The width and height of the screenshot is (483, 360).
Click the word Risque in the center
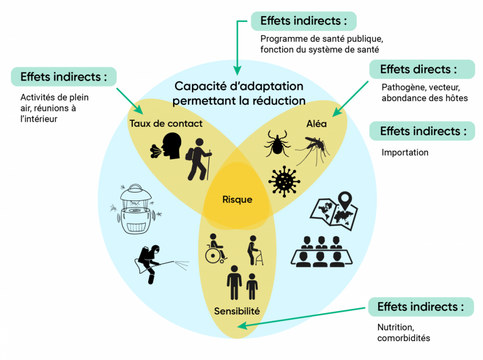click(237, 200)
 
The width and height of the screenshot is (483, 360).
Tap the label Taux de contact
click(166, 124)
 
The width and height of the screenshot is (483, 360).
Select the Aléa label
click(316, 124)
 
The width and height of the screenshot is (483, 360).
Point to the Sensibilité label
click(237, 311)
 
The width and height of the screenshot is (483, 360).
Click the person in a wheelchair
click(216, 249)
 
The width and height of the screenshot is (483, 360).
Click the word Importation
click(405, 152)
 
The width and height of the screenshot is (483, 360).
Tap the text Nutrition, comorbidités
click(403, 333)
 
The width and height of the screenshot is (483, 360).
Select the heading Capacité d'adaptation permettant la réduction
click(239, 93)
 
